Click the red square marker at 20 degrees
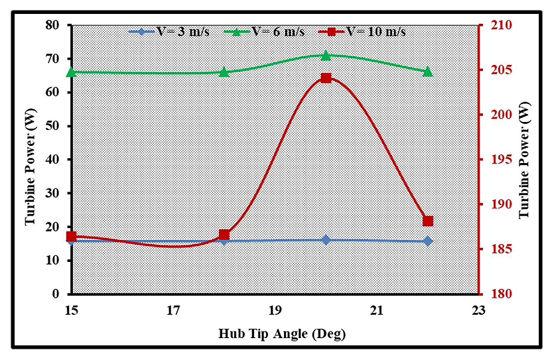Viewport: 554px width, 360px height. tap(326, 78)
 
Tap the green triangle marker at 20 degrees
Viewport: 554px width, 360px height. tap(326, 55)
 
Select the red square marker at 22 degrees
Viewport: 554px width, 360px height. tap(427, 221)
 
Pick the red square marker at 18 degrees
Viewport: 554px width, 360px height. tap(224, 235)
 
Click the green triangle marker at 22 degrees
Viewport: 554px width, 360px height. tap(427, 71)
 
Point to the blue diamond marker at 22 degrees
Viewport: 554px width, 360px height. tap(427, 241)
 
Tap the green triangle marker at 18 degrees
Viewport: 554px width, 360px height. tap(224, 72)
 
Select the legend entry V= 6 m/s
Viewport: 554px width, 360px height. tap(268, 31)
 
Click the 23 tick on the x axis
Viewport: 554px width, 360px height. tap(478, 310)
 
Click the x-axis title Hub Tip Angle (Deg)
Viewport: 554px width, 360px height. tap(282, 333)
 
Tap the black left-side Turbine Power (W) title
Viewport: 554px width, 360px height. tap(30, 160)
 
